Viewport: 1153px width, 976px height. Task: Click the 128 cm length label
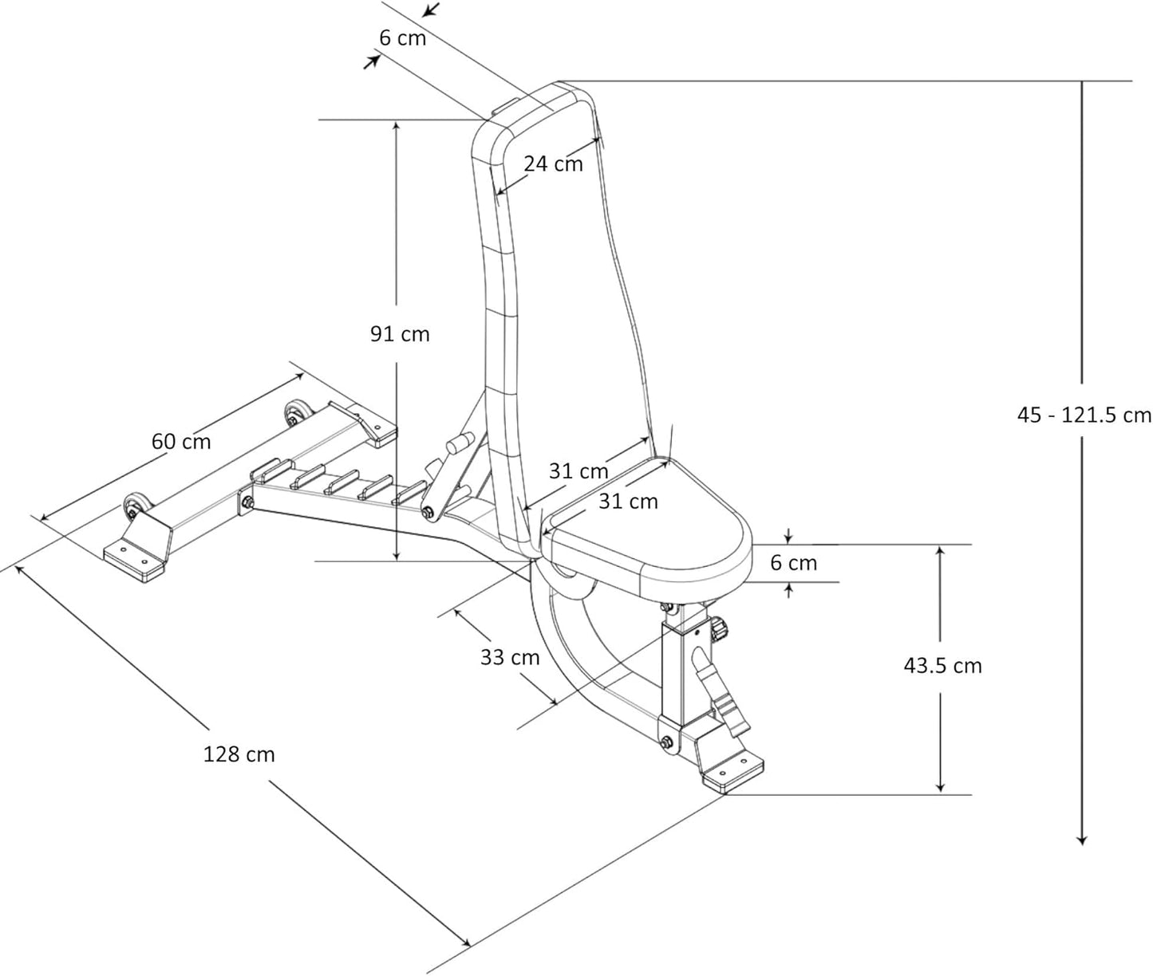pos(239,754)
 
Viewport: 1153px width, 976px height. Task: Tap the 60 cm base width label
pos(181,440)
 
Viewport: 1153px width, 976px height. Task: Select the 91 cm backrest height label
pos(399,334)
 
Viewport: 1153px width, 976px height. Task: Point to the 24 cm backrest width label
pos(553,163)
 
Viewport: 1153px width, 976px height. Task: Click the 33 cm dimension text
pos(510,658)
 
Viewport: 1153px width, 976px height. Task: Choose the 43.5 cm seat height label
pos(942,665)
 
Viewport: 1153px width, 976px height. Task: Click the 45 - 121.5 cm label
pos(1084,415)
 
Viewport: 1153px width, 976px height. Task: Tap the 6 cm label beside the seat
pos(793,563)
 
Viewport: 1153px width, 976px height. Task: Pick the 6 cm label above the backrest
pos(402,37)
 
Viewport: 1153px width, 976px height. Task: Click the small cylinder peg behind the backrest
pos(460,441)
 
